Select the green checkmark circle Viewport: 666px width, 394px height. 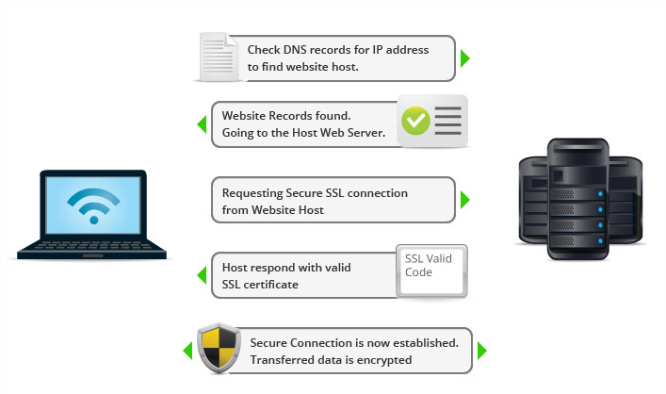click(x=415, y=121)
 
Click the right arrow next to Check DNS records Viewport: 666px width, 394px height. click(x=464, y=58)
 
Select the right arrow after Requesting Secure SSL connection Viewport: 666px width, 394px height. click(x=464, y=201)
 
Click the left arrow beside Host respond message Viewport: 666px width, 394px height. click(x=201, y=275)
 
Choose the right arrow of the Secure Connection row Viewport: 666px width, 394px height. click(x=481, y=351)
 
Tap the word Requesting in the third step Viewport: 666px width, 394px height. click(x=252, y=192)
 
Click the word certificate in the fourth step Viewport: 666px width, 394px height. click(x=271, y=284)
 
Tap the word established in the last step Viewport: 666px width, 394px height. click(x=426, y=342)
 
